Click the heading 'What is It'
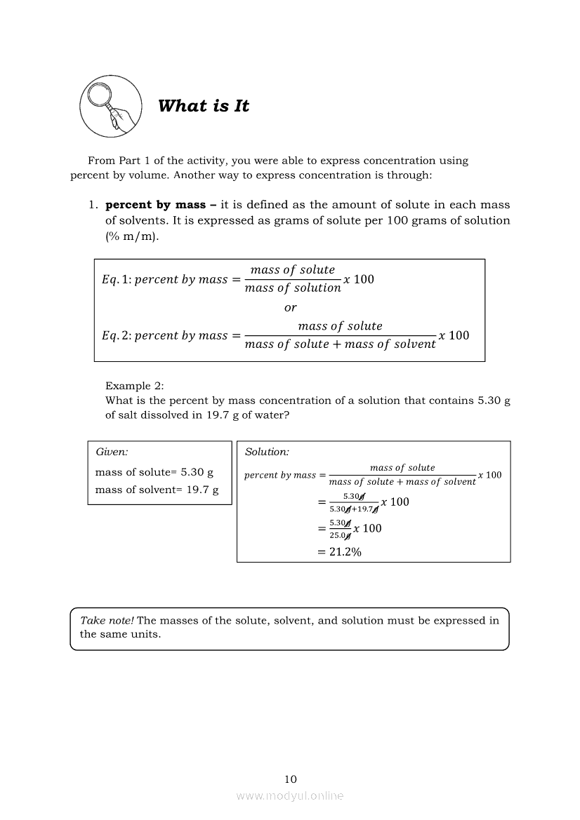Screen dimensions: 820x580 (x=203, y=106)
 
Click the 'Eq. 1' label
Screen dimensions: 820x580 (x=116, y=279)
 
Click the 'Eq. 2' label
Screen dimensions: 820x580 (x=116, y=335)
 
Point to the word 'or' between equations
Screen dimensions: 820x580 (x=290, y=307)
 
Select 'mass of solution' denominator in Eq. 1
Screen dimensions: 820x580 (x=293, y=288)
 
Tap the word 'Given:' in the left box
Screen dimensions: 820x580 (x=112, y=452)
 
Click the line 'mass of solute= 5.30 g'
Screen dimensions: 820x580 (x=154, y=472)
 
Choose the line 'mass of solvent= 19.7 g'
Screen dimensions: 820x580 (x=157, y=490)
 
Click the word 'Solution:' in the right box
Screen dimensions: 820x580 (x=267, y=452)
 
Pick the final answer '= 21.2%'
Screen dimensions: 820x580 (x=339, y=552)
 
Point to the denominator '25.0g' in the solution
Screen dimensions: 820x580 (x=340, y=535)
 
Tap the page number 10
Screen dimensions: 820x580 (x=291, y=779)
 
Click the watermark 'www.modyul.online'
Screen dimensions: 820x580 (x=290, y=795)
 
